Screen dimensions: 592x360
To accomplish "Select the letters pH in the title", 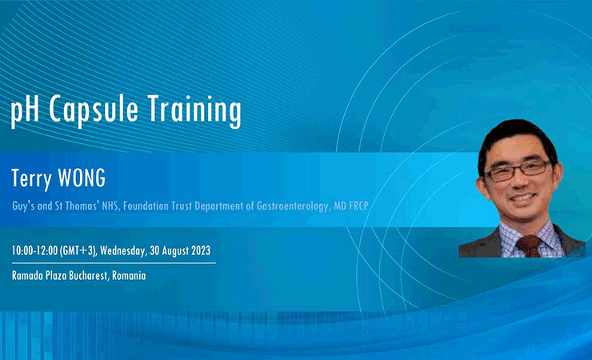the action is click(x=25, y=110).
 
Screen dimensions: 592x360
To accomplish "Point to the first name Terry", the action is click(x=31, y=179).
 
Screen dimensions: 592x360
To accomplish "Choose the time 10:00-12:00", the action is click(x=34, y=250).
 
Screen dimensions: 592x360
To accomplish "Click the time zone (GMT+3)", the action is click(x=78, y=251).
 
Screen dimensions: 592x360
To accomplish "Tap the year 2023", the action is click(x=201, y=250).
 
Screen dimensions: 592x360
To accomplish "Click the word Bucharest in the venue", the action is click(x=89, y=275).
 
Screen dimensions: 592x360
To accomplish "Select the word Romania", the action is click(x=129, y=275).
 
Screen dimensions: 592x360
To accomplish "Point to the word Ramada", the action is click(x=27, y=275).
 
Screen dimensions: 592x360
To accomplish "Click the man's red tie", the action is click(x=529, y=246).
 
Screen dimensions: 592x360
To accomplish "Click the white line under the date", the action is click(x=114, y=263).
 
